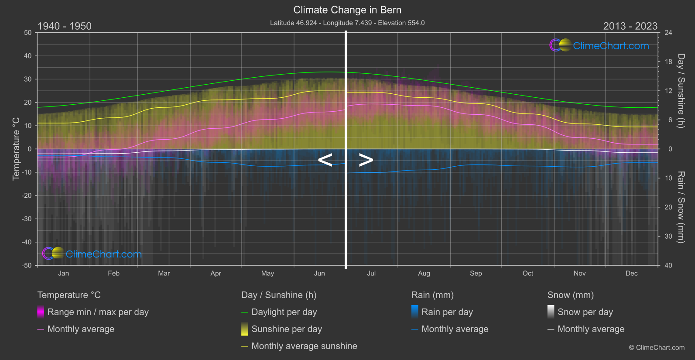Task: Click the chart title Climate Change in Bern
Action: click(x=347, y=10)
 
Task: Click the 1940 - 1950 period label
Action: click(x=65, y=26)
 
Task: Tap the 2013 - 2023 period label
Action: click(x=630, y=26)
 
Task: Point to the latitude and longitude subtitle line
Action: click(x=347, y=23)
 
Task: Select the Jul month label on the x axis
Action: click(x=371, y=273)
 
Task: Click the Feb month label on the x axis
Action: click(x=113, y=273)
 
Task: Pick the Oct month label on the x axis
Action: click(x=528, y=273)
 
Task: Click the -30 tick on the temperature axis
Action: click(x=27, y=219)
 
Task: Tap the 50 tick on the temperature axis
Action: click(x=28, y=33)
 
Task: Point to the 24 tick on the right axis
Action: click(x=668, y=33)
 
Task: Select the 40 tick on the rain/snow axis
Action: click(x=668, y=265)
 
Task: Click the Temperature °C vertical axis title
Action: click(x=16, y=148)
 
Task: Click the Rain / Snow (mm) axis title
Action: click(x=681, y=207)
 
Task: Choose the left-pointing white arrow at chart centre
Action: click(x=325, y=160)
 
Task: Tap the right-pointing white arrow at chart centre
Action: click(x=366, y=160)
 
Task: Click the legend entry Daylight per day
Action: click(x=284, y=312)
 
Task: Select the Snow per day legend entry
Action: click(x=585, y=312)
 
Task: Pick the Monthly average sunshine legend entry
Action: click(x=304, y=346)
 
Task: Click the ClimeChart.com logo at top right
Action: click(x=599, y=45)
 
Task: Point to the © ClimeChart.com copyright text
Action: click(x=657, y=347)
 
